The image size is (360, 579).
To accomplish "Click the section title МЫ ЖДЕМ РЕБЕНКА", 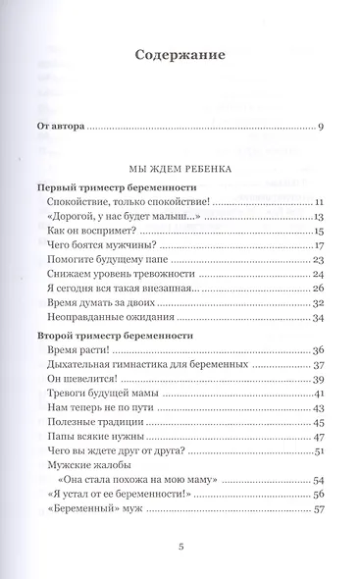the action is click(x=180, y=168).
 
